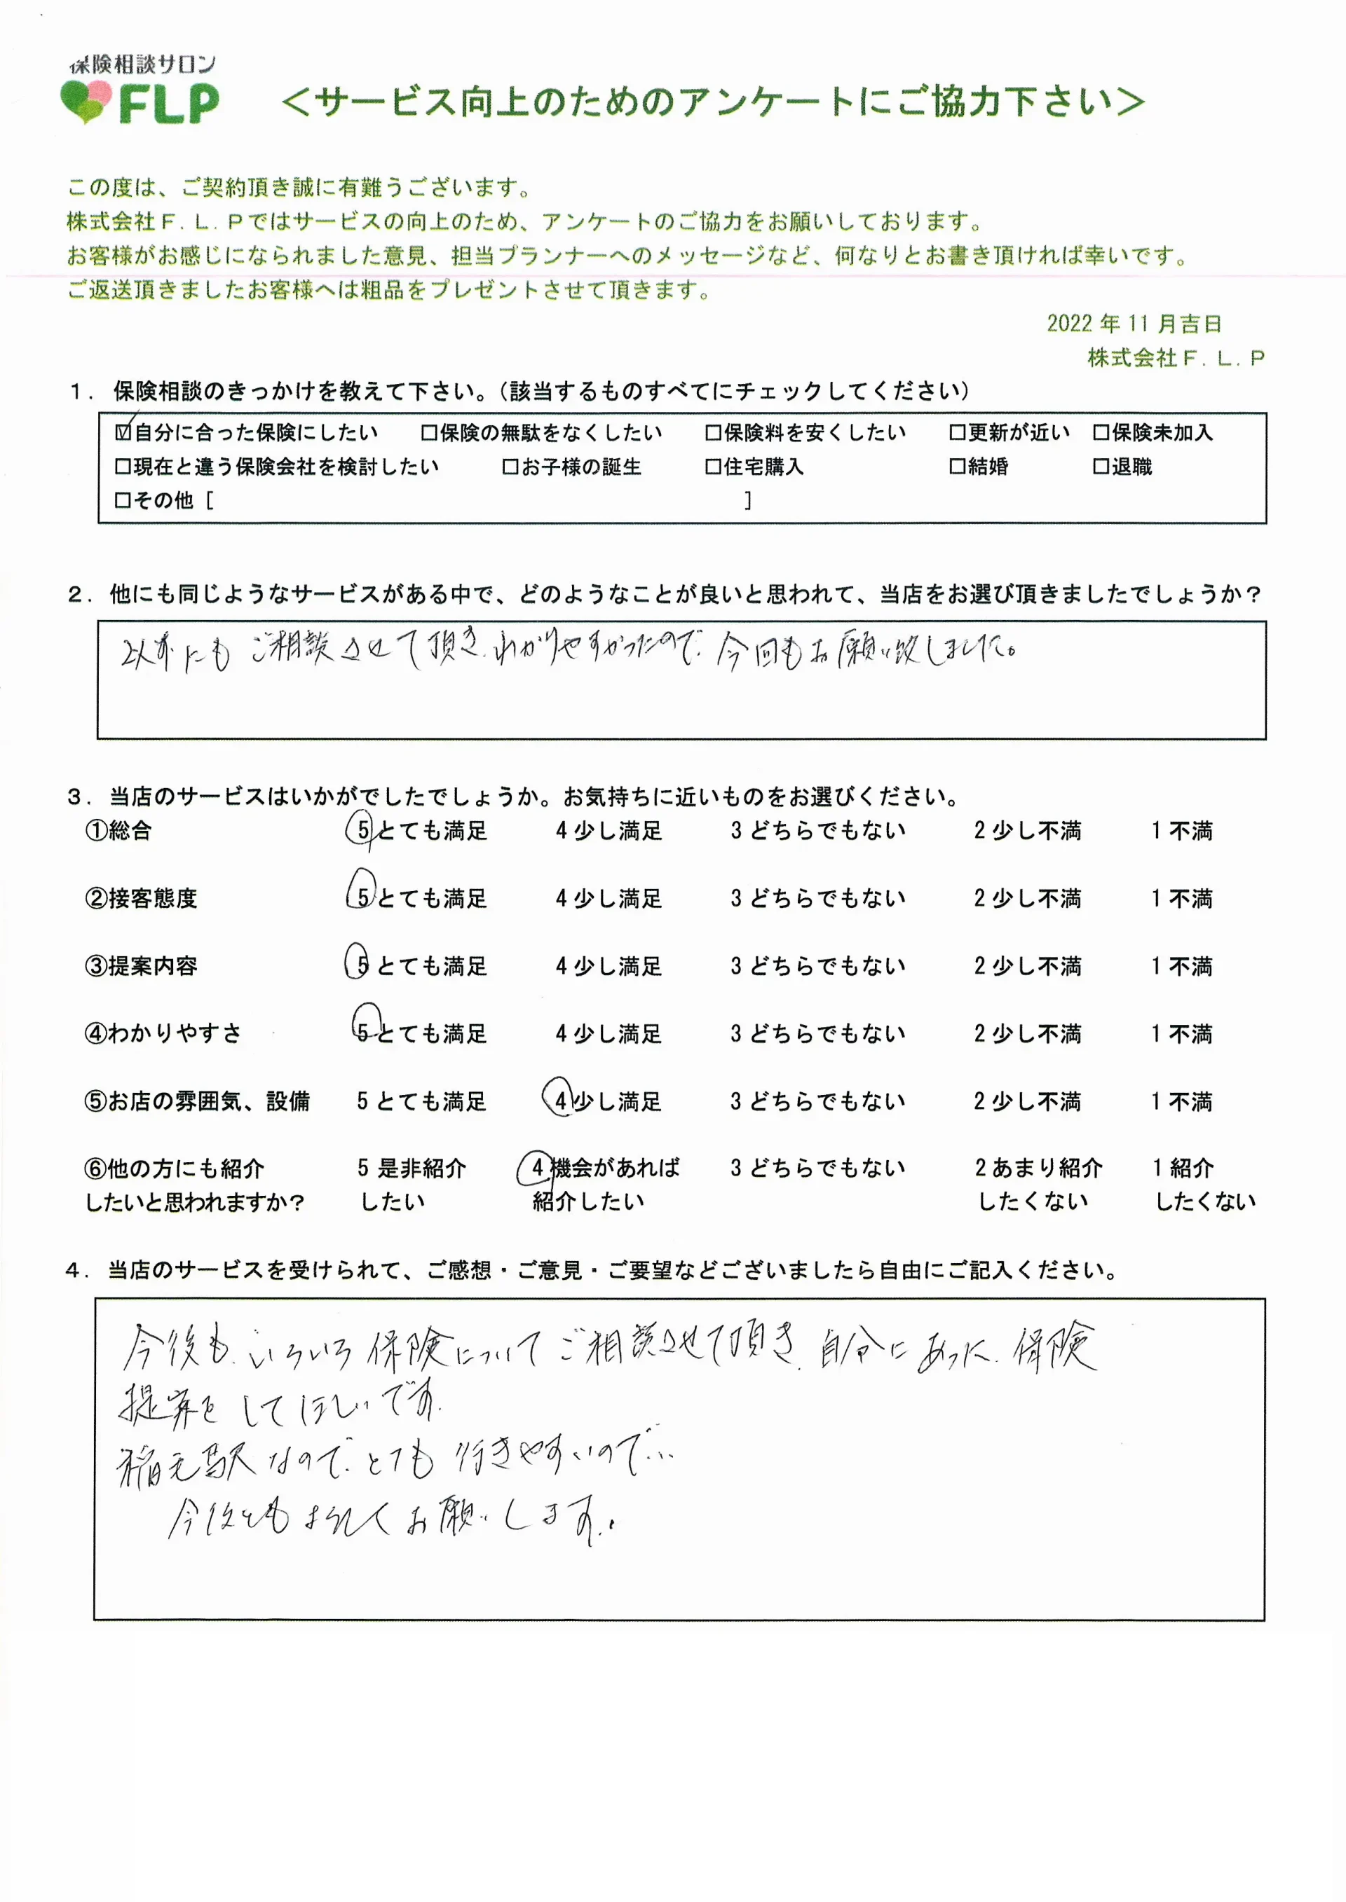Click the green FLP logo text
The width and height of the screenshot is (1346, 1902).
click(x=169, y=104)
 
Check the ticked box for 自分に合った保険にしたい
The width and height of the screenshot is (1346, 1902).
click(x=123, y=432)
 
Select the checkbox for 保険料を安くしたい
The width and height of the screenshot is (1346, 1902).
click(x=713, y=432)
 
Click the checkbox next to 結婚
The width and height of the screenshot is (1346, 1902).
click(x=958, y=467)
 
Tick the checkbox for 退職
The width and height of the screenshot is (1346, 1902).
click(x=1101, y=467)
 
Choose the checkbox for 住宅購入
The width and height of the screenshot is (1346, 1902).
click(x=713, y=467)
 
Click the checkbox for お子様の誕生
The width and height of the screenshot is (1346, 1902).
click(x=510, y=467)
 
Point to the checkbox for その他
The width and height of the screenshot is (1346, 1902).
click(x=123, y=500)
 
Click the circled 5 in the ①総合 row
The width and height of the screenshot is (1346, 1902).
click(x=363, y=830)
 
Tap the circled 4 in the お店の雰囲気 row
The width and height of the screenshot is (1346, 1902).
click(x=560, y=1101)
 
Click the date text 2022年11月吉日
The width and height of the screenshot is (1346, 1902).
click(x=1133, y=323)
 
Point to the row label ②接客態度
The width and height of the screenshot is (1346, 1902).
click(x=141, y=898)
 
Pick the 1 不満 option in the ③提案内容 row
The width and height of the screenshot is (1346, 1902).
click(x=1181, y=966)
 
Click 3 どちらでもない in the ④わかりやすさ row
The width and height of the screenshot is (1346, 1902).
click(x=817, y=1034)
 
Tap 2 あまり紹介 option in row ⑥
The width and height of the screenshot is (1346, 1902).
click(x=1038, y=1184)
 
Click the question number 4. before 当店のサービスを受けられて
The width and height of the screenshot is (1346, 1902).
click(x=77, y=1271)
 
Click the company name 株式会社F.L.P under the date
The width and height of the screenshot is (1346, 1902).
click(x=1175, y=358)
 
